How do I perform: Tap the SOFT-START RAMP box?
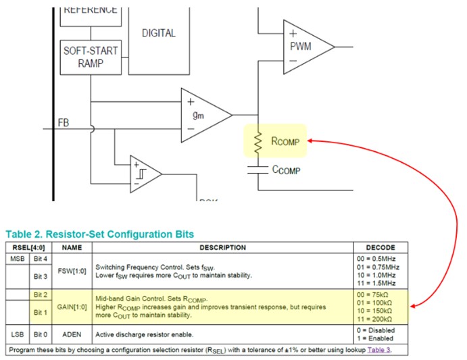pyautogui.click(x=91, y=57)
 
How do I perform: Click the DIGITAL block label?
pyautogui.click(x=159, y=32)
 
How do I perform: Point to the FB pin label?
pyautogui.click(x=63, y=123)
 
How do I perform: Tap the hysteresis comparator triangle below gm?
pyautogui.click(x=144, y=174)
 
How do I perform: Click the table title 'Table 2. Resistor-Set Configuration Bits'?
pyautogui.click(x=99, y=234)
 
